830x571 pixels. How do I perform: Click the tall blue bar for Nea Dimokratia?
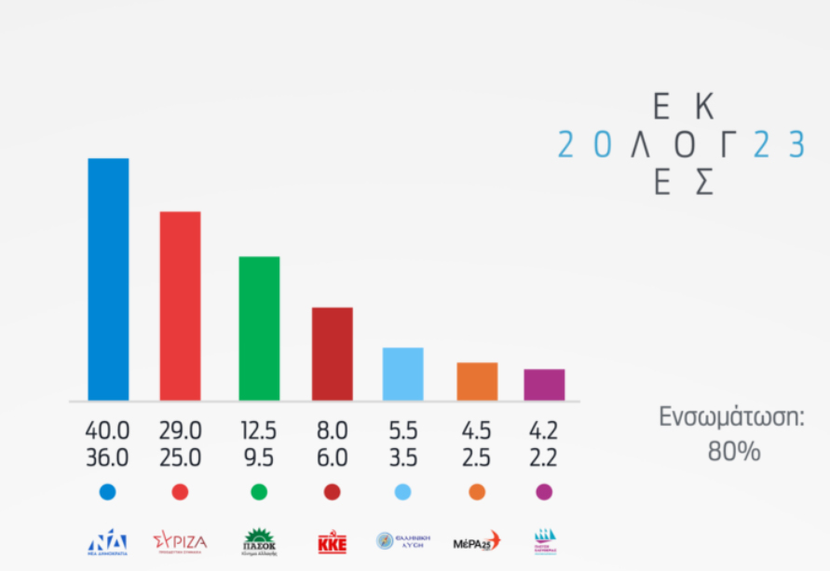click(108, 279)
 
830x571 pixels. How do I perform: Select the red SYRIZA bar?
click(180, 306)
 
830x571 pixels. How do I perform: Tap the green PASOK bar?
click(259, 329)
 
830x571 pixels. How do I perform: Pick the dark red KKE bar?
click(332, 354)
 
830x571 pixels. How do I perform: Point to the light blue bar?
click(402, 374)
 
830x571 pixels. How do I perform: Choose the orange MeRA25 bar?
click(477, 382)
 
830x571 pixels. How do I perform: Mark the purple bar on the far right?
click(544, 385)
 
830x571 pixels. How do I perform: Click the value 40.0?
click(107, 431)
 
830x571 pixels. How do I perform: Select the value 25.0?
click(180, 458)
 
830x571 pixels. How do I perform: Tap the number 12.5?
click(259, 431)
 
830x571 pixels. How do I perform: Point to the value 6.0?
click(333, 458)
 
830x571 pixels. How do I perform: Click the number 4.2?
click(544, 431)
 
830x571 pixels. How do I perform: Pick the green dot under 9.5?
click(259, 492)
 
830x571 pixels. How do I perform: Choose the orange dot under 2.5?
click(477, 492)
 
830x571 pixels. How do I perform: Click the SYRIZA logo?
click(180, 541)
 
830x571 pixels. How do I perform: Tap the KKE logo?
click(333, 542)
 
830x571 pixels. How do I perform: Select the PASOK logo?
click(259, 541)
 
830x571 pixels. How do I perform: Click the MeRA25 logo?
click(476, 541)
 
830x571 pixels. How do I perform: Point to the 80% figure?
click(733, 452)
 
